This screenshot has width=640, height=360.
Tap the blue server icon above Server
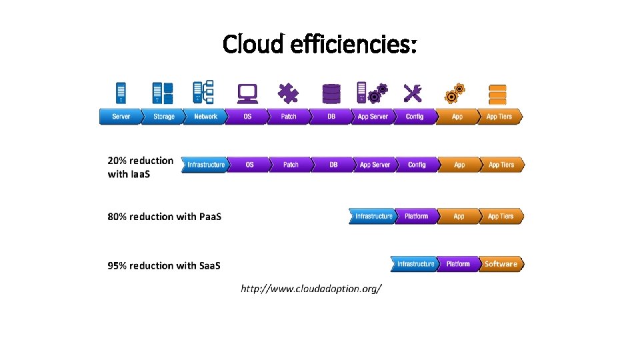pos(121,93)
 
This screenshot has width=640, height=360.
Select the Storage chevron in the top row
pos(163,117)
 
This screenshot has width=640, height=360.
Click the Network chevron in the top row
pos(205,117)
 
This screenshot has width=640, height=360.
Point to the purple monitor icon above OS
pos(247,93)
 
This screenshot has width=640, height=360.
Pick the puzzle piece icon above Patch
pos(289,93)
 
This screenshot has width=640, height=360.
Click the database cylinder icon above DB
pos(331,93)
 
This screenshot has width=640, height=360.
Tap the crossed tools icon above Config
pos(413,93)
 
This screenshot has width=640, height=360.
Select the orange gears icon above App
pos(456,93)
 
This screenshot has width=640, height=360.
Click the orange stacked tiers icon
pos(497,93)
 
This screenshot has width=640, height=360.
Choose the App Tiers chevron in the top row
pos(499,117)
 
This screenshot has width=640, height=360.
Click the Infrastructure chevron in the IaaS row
pos(205,165)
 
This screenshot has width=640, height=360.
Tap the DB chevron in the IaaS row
pos(333,165)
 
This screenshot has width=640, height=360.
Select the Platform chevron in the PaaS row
pos(417,217)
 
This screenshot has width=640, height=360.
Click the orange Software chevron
pos(501,265)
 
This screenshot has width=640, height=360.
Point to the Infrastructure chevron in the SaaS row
pos(415,265)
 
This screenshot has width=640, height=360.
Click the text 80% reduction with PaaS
pos(165,217)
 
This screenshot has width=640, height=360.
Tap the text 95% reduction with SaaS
pos(164,266)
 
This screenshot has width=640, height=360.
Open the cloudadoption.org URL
pos(311,289)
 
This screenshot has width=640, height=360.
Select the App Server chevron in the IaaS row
pos(375,165)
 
